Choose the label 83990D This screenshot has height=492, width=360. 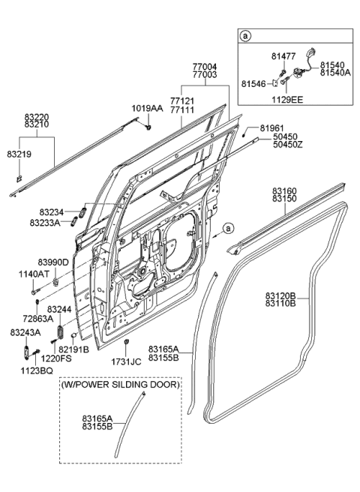coord(53,262)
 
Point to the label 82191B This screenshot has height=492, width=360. coord(73,349)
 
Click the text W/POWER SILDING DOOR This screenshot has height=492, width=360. coord(120,385)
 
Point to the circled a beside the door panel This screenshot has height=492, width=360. coord(229,227)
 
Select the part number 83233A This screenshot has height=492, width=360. coord(46,223)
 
